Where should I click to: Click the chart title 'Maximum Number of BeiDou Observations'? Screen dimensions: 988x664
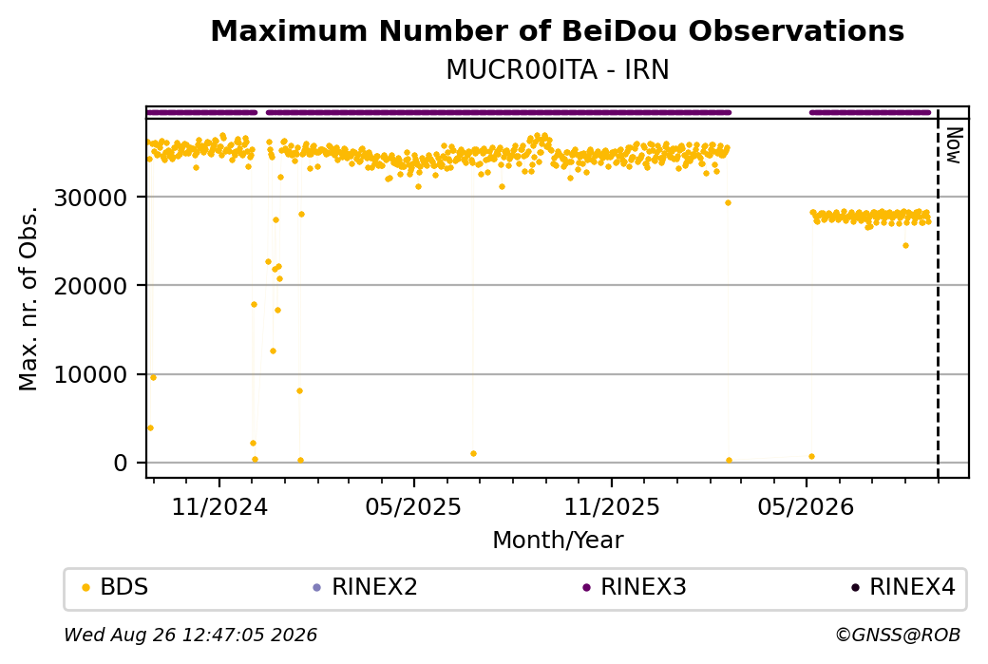pyautogui.click(x=557, y=30)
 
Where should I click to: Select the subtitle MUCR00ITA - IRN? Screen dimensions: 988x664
pyautogui.click(x=557, y=70)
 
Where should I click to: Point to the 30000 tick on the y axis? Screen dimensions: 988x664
pyautogui.click(x=91, y=198)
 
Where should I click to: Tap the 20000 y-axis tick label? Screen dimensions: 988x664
pyautogui.click(x=91, y=286)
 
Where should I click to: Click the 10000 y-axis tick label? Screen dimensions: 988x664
pyautogui.click(x=91, y=375)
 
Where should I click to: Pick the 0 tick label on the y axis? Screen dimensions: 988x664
pyautogui.click(x=121, y=463)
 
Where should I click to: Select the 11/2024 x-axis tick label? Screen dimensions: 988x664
pyautogui.click(x=219, y=506)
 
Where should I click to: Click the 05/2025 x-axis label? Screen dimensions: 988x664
pyautogui.click(x=413, y=506)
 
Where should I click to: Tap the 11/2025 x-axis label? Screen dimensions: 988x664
pyautogui.click(x=611, y=506)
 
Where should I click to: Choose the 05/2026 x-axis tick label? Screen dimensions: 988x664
pyautogui.click(x=806, y=506)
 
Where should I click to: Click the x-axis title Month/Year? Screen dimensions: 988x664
pyautogui.click(x=558, y=540)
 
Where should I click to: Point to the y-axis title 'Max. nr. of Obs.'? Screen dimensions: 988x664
pyautogui.click(x=28, y=298)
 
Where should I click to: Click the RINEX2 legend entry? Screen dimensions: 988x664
pyautogui.click(x=366, y=587)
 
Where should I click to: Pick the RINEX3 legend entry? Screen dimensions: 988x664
pyautogui.click(x=635, y=587)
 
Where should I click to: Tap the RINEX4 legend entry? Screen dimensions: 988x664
pyautogui.click(x=903, y=587)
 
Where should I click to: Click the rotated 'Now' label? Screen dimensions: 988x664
pyautogui.click(x=954, y=145)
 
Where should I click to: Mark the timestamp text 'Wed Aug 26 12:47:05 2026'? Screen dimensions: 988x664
pyautogui.click(x=190, y=635)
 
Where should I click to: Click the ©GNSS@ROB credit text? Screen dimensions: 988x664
pyautogui.click(x=898, y=635)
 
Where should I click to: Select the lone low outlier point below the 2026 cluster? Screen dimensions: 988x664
pyautogui.click(x=905, y=246)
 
